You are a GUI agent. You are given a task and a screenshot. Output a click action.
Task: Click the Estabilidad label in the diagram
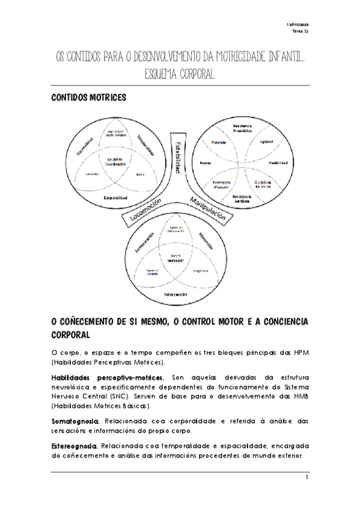click(178, 158)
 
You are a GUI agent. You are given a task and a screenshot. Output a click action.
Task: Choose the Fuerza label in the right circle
click(206, 163)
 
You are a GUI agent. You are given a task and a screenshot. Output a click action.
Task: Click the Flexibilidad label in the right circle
click(278, 163)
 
